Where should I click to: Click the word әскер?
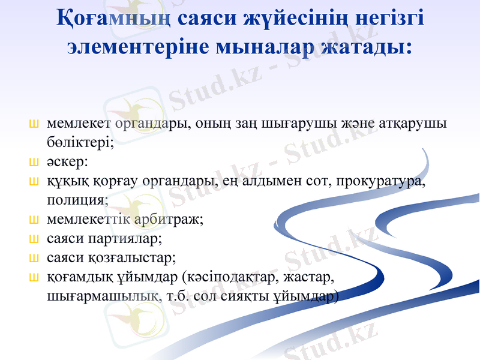tap(66, 162)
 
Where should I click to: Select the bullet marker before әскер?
tap(34, 163)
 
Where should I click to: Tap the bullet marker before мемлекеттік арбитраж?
tap(34, 220)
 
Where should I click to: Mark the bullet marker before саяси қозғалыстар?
tap(34, 258)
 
